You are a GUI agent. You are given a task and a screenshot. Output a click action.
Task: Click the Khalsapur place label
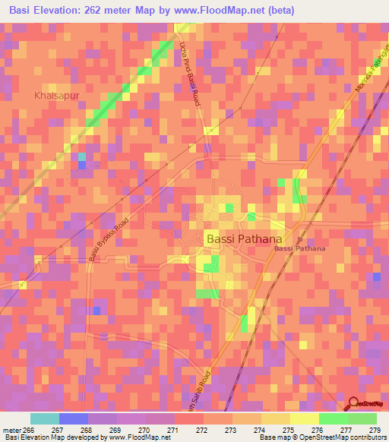(x=55, y=96)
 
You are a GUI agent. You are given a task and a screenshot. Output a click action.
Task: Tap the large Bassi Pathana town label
(x=245, y=238)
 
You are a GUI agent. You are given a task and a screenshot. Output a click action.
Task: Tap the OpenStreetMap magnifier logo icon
(x=353, y=405)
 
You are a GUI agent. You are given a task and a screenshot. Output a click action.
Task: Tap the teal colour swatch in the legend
(x=45, y=418)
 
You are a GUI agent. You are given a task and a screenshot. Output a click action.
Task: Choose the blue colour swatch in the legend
(x=74, y=418)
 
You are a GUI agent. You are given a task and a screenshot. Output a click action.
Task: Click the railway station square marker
(x=299, y=235)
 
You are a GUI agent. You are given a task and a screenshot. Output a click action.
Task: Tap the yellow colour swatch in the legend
(x=305, y=418)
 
